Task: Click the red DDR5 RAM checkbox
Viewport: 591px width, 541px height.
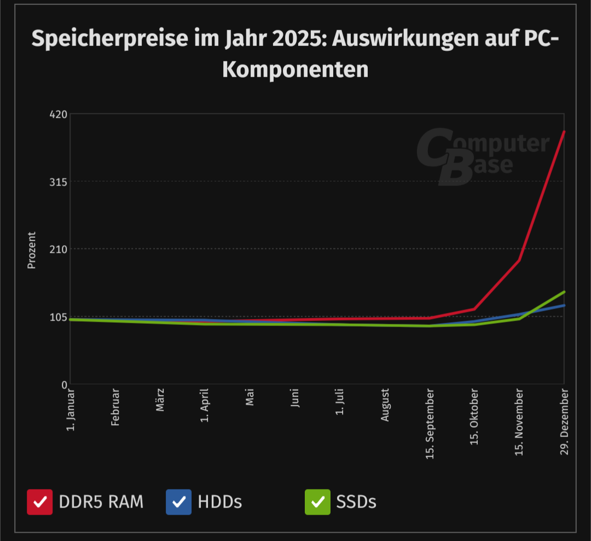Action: point(40,502)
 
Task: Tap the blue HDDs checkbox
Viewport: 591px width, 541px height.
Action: point(179,502)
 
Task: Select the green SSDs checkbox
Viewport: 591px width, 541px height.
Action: point(317,502)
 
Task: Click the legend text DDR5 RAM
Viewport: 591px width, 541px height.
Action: point(101,502)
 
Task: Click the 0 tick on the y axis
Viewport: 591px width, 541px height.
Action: point(64,385)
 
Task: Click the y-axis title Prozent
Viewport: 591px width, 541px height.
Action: point(32,250)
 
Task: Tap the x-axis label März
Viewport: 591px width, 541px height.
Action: point(160,400)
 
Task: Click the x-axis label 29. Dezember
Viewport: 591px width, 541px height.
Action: point(565,421)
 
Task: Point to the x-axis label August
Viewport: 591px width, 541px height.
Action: point(385,405)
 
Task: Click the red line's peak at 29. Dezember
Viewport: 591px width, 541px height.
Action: point(564,132)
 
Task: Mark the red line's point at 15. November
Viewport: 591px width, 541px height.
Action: point(519,260)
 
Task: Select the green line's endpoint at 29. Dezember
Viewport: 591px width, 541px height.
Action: point(564,292)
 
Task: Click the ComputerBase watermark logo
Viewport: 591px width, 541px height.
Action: point(482,156)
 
